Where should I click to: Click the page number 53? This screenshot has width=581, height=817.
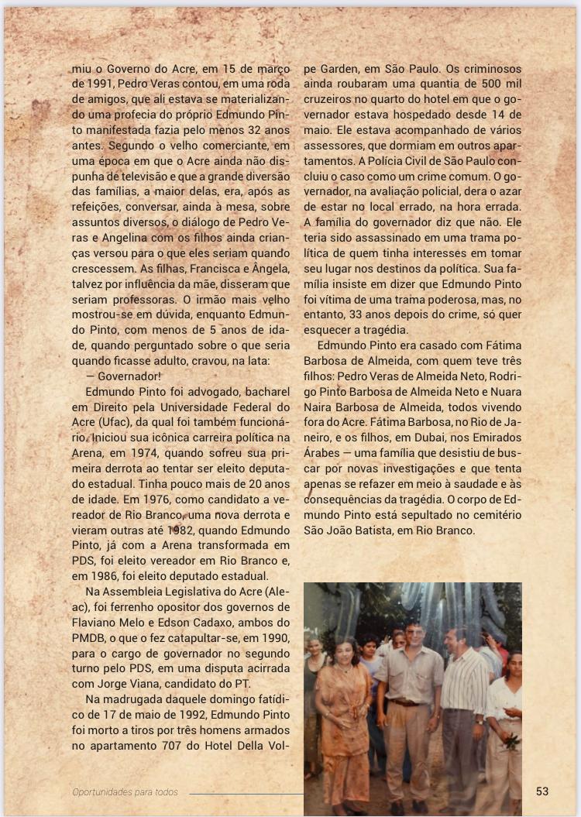pos(541,791)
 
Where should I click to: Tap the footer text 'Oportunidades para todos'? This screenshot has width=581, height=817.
pos(125,791)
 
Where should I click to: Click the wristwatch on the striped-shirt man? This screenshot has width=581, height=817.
pos(479,719)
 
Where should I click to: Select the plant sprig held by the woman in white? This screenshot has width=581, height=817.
pos(511,741)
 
